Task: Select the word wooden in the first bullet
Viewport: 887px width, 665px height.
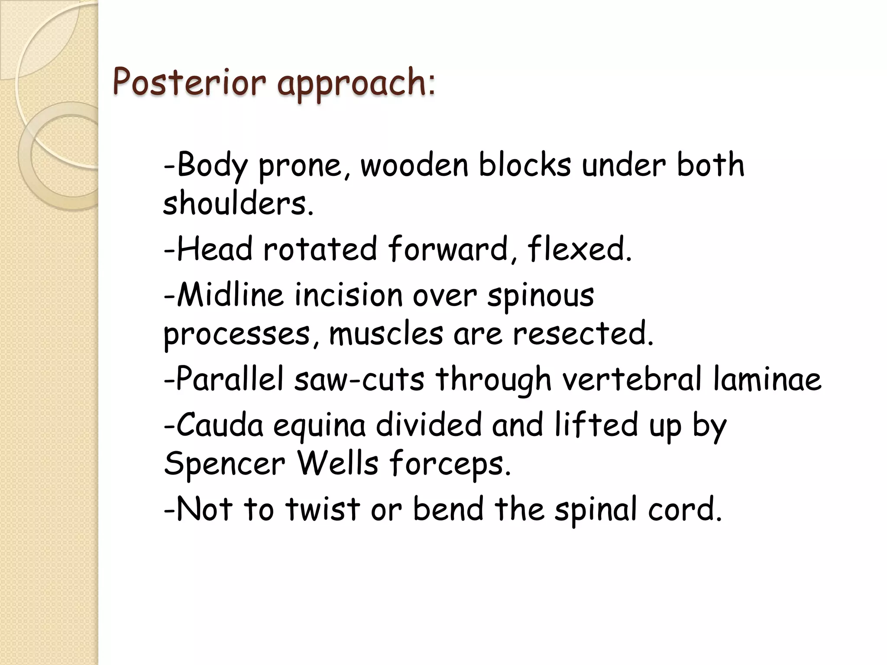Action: coord(414,165)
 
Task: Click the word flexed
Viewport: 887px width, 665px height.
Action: coord(579,249)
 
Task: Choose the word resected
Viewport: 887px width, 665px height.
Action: coord(583,334)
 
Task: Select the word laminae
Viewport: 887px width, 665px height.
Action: coord(767,379)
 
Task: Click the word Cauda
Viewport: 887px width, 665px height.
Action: coord(213,425)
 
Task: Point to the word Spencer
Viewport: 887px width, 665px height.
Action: coord(224,463)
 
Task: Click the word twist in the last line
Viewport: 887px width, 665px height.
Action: coord(323,509)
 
